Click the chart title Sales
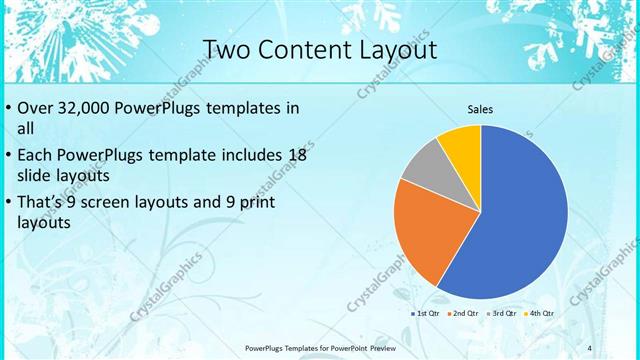pos(480,110)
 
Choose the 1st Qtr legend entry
pos(427,313)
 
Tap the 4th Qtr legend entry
pos(540,313)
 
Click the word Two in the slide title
pos(227,49)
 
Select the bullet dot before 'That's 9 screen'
pos(9,202)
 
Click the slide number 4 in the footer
pos(589,347)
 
